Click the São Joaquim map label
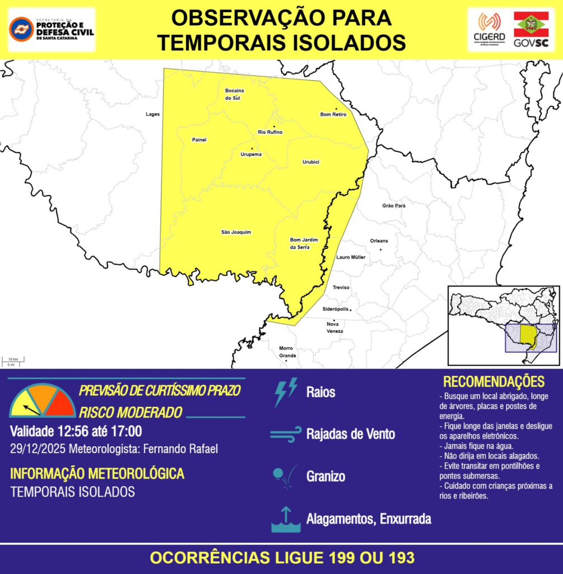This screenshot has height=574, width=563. [236, 232]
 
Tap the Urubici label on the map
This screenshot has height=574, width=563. [311, 162]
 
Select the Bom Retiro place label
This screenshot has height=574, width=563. [333, 114]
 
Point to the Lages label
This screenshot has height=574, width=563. [152, 114]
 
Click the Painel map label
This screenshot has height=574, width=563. [199, 140]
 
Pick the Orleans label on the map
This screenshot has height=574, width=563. [379, 241]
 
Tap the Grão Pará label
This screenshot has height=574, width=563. [393, 206]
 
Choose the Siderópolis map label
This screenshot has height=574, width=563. [336, 309]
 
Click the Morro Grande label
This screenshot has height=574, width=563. [287, 351]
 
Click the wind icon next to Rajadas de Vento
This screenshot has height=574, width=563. [286, 434]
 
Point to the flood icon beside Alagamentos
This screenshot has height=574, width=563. [286, 520]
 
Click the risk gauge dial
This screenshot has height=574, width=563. [43, 401]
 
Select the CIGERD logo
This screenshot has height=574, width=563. [489, 30]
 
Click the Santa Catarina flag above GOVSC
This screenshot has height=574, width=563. [531, 24]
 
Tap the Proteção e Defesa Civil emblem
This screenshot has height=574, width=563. [21, 29]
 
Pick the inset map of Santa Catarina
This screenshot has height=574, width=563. [504, 326]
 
